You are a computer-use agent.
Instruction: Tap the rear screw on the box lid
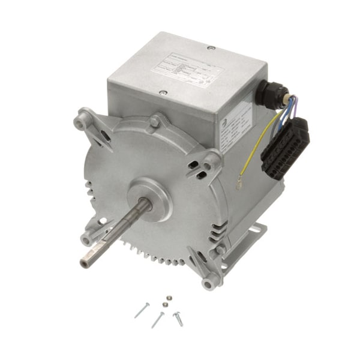210,47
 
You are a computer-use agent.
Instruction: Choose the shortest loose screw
178,318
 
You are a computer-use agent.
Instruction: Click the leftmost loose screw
142,310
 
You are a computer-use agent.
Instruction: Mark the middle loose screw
158,319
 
